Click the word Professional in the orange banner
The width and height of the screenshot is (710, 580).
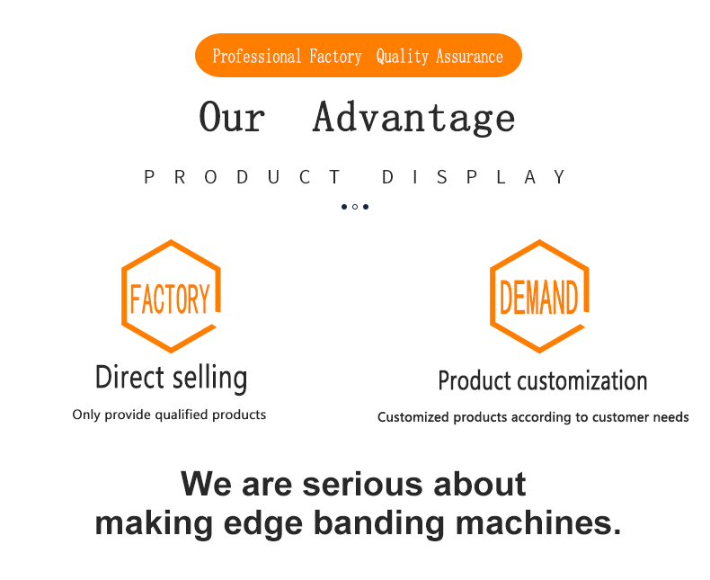pyautogui.click(x=257, y=57)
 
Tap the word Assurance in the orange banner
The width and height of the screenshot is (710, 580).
pyautogui.click(x=469, y=57)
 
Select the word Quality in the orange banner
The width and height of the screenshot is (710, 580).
pyautogui.click(x=402, y=57)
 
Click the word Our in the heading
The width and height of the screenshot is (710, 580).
pyautogui.click(x=232, y=117)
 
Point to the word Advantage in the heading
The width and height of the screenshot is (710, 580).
pyautogui.click(x=413, y=118)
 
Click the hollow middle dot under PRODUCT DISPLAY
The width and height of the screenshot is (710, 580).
pyautogui.click(x=355, y=207)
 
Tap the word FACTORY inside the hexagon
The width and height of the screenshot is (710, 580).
pyautogui.click(x=170, y=299)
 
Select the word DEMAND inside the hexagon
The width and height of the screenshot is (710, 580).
pyautogui.click(x=539, y=298)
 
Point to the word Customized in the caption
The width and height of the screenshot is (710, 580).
pyautogui.click(x=413, y=417)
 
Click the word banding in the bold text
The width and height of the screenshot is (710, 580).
pyautogui.click(x=379, y=523)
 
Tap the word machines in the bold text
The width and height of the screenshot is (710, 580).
pyautogui.click(x=538, y=522)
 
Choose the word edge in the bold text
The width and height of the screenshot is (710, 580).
pyautogui.click(x=263, y=523)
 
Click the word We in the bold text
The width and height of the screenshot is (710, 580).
pyautogui.click(x=207, y=484)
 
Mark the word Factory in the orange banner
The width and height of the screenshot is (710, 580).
pyautogui.click(x=335, y=57)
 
